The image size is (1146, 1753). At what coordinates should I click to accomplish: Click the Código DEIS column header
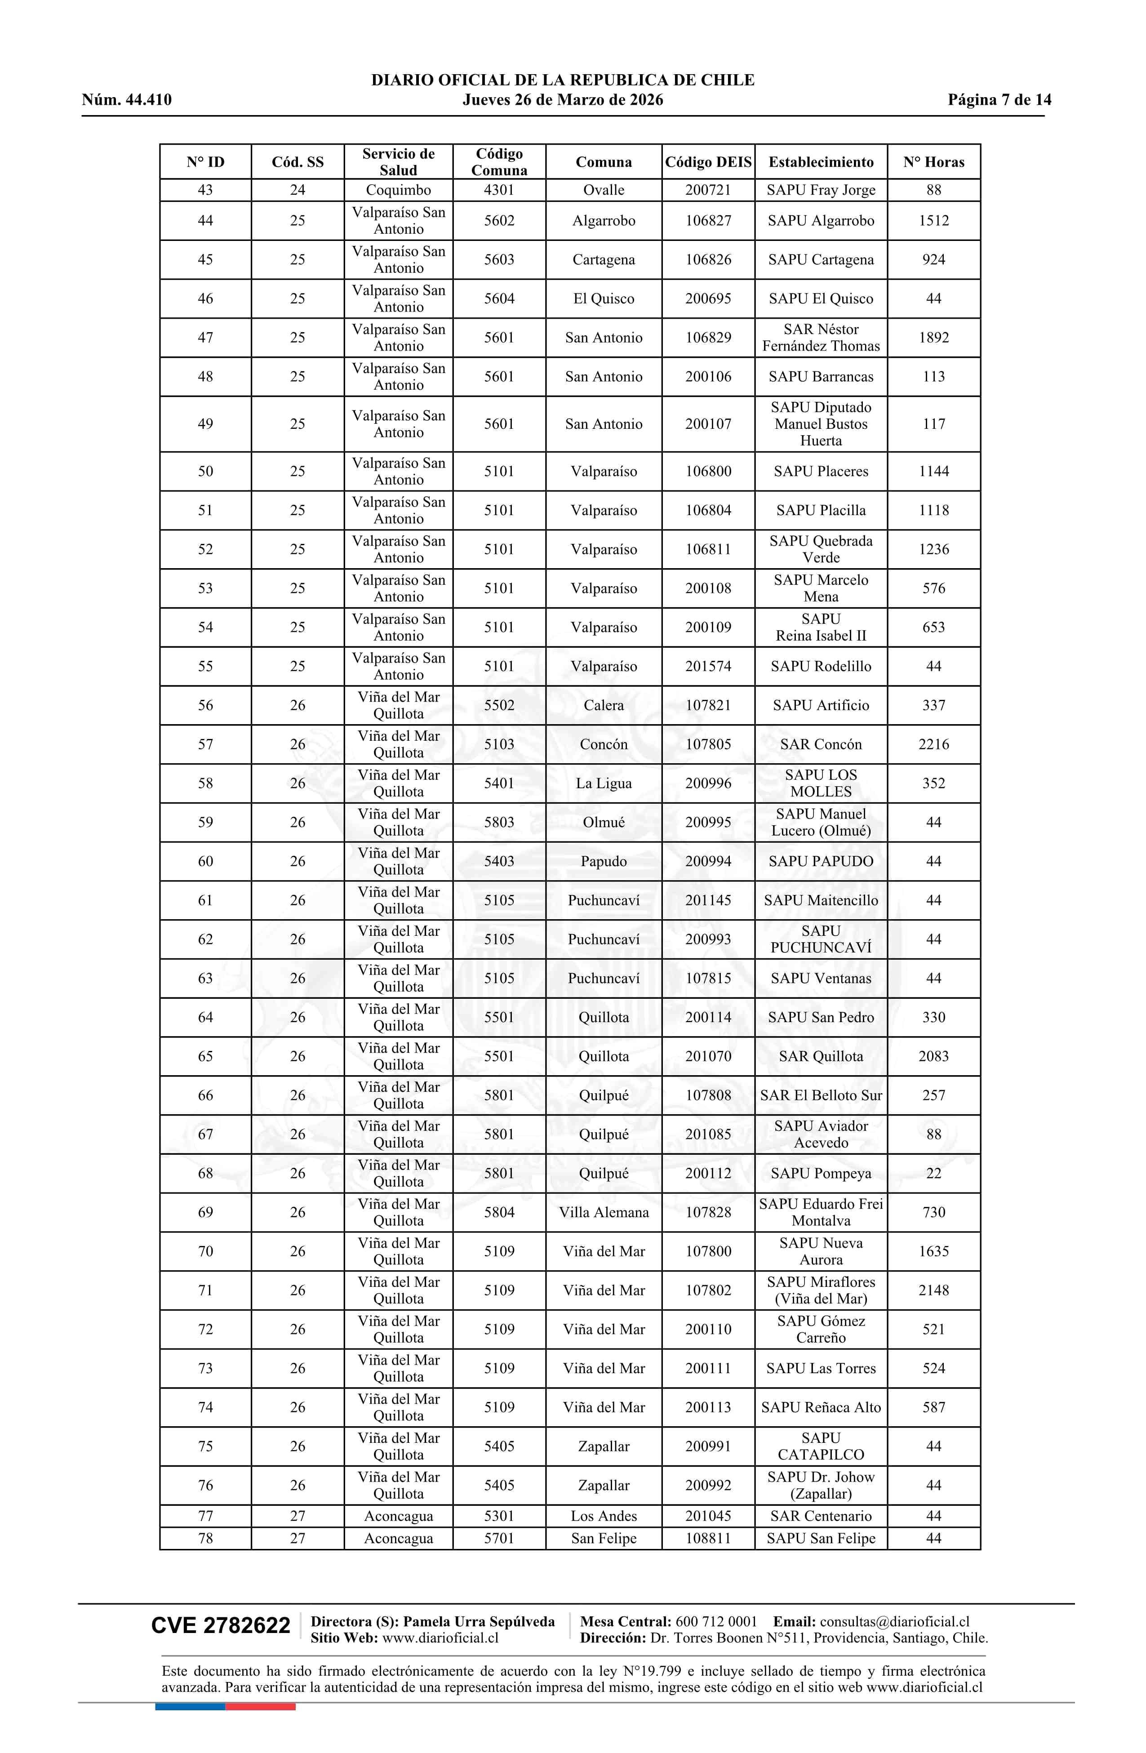708,162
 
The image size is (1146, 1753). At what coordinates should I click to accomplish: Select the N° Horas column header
933,162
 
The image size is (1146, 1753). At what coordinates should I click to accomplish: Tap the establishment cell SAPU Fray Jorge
821,190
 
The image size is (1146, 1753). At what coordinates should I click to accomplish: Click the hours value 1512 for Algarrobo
933,221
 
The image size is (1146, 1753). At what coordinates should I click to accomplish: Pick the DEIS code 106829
708,338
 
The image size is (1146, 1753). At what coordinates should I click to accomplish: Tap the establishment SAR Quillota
821,1057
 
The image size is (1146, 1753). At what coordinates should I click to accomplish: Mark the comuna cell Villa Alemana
603,1212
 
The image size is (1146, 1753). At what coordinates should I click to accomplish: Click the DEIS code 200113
708,1407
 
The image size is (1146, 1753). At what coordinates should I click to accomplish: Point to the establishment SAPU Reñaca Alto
821,1407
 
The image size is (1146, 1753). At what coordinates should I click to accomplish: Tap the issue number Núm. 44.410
127,100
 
